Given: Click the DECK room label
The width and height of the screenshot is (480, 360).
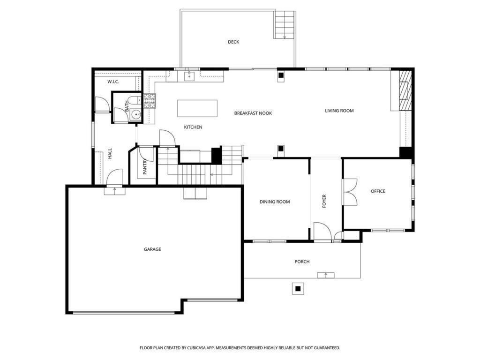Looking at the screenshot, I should tap(233, 42).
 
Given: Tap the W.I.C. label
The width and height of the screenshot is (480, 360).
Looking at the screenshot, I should tap(113, 82).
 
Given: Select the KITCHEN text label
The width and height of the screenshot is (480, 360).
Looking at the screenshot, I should tap(193, 127).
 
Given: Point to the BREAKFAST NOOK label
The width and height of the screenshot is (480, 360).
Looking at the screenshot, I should tap(253, 113).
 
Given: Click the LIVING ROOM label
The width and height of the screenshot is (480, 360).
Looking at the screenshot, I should tap(339, 111).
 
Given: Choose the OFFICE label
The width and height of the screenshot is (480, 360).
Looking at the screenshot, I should tap(378, 191).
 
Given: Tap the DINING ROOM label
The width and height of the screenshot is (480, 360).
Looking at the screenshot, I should tap(275, 202).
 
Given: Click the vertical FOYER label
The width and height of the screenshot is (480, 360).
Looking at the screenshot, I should tap(324, 201).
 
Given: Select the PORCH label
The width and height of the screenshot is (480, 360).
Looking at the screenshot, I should tap(302, 262).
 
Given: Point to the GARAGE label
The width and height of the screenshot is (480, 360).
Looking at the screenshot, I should tap(152, 249).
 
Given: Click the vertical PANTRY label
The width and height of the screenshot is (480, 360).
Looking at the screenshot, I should tap(145, 167).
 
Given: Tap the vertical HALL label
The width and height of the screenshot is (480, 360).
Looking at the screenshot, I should tap(110, 154).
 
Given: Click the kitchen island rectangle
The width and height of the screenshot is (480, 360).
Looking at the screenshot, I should tap(197, 108).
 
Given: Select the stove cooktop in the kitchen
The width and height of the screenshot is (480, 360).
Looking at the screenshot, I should tap(150, 100).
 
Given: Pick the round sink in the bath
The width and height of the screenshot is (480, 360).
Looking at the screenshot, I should tap(135, 114).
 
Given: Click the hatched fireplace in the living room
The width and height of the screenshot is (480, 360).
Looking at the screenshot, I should tap(406, 90).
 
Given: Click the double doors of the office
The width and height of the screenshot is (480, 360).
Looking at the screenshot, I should tap(350, 192).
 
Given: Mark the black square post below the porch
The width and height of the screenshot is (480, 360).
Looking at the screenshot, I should tap(297, 288).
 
